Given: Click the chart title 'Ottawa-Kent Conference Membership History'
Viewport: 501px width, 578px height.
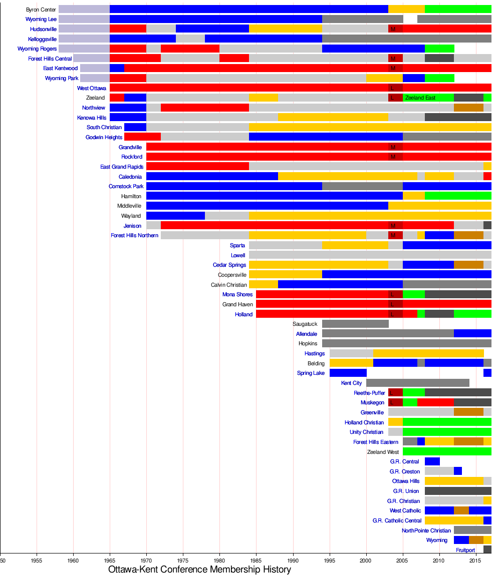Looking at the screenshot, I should pyautogui.click(x=199, y=569).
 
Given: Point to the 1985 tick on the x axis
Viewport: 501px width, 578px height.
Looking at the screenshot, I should pyautogui.click(x=256, y=557).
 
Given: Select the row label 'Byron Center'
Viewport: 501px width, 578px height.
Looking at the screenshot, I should pyautogui.click(x=41, y=10).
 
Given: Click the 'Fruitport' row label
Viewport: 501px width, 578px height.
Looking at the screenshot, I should pyautogui.click(x=465, y=550).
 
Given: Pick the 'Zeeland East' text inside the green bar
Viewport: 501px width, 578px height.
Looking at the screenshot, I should pyautogui.click(x=420, y=98).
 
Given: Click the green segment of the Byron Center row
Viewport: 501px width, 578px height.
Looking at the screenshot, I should pyautogui.click(x=458, y=9).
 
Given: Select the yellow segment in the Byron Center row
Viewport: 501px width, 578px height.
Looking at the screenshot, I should pyautogui.click(x=406, y=9).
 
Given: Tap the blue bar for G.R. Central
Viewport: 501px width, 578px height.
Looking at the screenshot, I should pyautogui.click(x=432, y=461).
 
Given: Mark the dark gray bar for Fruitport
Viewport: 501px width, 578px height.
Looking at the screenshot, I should pyautogui.click(x=487, y=549).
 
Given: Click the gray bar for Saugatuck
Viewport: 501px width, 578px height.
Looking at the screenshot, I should pyautogui.click(x=355, y=324).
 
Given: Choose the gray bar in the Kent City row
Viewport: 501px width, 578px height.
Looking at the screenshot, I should pyautogui.click(x=417, y=383).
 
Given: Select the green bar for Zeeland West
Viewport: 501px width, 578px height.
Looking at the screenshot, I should pyautogui.click(x=447, y=451).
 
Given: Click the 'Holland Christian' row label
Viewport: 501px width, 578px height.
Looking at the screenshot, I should pyautogui.click(x=364, y=422).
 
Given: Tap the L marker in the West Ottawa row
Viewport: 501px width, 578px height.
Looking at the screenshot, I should pyautogui.click(x=391, y=88).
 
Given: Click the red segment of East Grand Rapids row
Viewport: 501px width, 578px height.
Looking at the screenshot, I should pyautogui.click(x=197, y=167).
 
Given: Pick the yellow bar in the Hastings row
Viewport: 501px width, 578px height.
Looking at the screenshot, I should pyautogui.click(x=428, y=353).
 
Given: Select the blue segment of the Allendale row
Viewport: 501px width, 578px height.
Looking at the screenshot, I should pyautogui.click(x=472, y=334).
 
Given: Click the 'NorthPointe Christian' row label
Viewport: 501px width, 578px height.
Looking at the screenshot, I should pyautogui.click(x=426, y=530).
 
